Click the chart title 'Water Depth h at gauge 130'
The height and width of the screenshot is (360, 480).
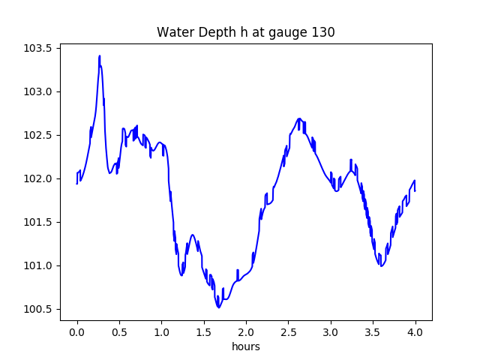245,32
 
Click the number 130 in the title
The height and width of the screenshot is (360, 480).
324,32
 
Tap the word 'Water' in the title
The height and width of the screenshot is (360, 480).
172,32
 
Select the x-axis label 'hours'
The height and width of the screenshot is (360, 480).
246,346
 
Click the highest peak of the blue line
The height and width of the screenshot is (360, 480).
99,56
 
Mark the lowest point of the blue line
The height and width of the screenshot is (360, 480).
219,307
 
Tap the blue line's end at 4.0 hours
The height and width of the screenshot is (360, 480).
415,190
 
